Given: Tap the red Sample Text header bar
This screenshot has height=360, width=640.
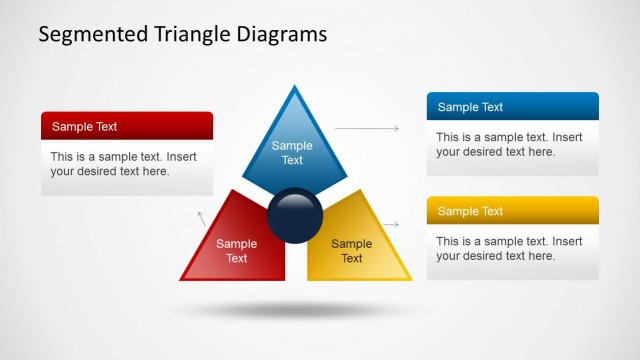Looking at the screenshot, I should [127, 126].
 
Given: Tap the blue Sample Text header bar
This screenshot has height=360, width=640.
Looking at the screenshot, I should [512, 107].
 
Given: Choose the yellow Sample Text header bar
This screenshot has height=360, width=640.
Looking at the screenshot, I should [512, 211].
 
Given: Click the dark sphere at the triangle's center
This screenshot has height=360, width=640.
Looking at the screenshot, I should [295, 215].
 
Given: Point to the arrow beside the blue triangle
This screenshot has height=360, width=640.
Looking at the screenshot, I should [366, 128].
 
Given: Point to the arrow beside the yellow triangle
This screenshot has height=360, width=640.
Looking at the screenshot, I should [391, 225].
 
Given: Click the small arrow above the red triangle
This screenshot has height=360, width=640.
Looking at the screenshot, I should [201, 217].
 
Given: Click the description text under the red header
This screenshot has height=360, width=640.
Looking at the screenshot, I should [123, 164].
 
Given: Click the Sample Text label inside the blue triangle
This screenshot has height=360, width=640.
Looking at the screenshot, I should [292, 153].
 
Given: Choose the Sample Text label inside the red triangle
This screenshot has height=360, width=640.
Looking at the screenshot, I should [237, 251].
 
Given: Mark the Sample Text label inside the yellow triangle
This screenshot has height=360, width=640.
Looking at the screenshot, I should [352, 251].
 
